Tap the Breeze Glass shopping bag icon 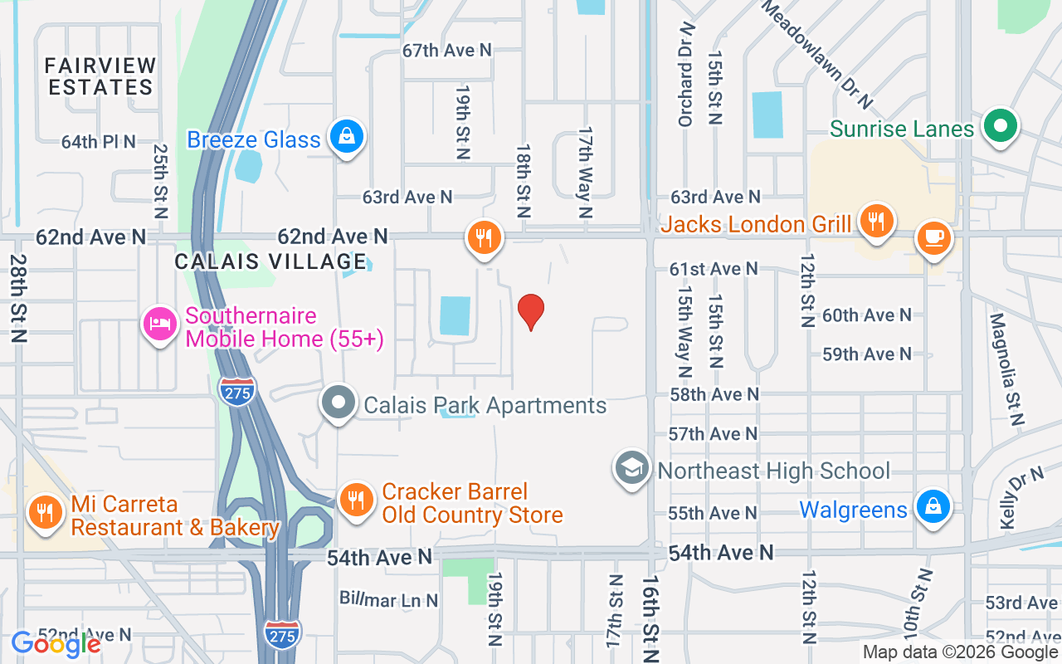347,137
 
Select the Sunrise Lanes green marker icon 1001,127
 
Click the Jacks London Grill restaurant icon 874,222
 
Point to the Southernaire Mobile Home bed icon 158,325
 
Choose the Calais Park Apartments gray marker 338,403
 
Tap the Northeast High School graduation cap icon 631,468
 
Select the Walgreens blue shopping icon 933,505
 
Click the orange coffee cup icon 934,238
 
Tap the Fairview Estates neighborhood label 100,76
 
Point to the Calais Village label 270,261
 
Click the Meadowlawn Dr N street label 817,54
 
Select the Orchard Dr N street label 685,76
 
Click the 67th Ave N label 447,51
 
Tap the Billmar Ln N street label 388,598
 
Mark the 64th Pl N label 98,142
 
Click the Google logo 56,644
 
